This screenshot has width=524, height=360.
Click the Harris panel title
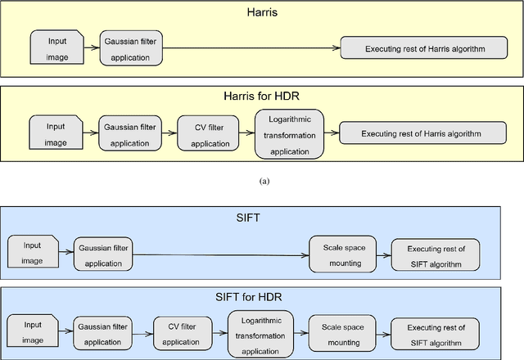pyautogui.click(x=264, y=13)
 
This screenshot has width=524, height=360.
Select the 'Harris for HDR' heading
pyautogui.click(x=264, y=97)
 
